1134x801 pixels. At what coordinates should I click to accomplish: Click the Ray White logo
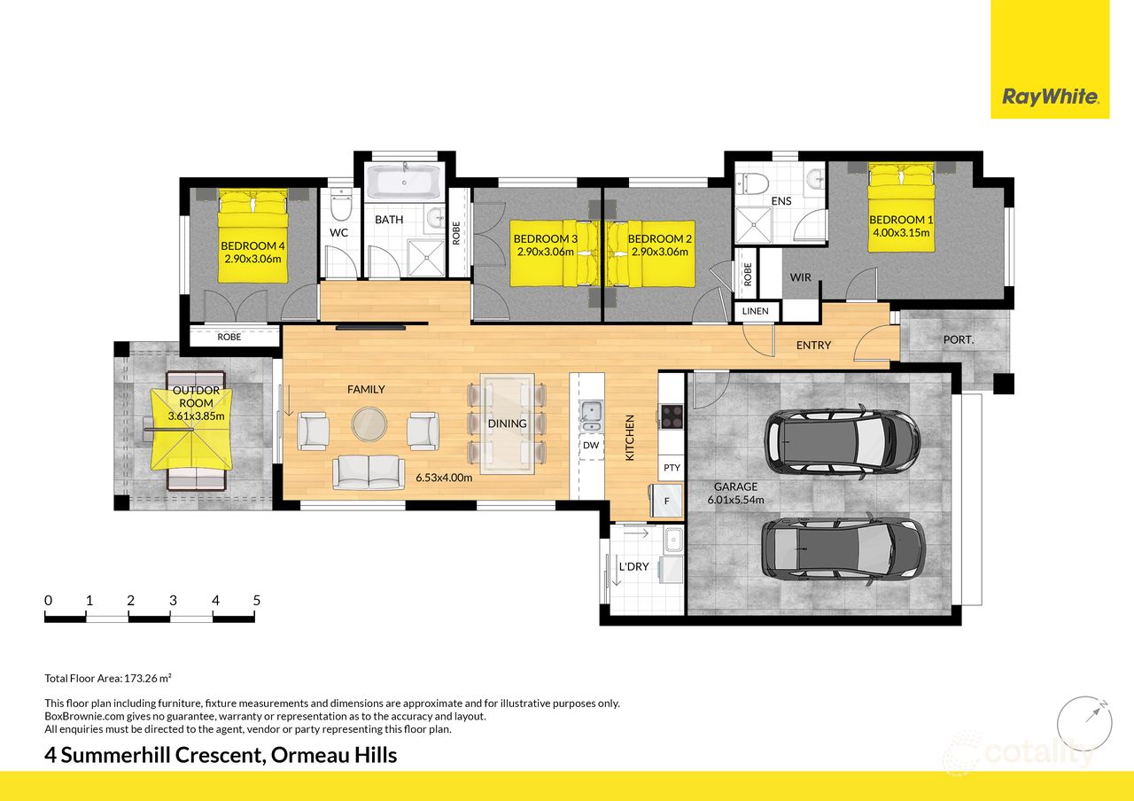[1050, 97]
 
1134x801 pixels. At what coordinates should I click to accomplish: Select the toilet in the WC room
[340, 206]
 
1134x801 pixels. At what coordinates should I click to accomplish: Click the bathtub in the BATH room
[404, 183]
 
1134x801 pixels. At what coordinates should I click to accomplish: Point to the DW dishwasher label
[591, 446]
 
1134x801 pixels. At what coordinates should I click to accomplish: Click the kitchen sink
[591, 412]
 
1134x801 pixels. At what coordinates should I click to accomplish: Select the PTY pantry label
[672, 467]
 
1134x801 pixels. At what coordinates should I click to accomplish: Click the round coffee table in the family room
[369, 424]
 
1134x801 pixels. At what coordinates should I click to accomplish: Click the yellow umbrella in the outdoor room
[191, 430]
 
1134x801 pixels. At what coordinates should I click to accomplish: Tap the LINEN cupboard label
[756, 312]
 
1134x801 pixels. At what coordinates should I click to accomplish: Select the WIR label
[800, 277]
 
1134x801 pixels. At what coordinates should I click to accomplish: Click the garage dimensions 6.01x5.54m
[735, 500]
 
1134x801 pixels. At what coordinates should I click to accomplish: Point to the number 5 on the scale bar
[257, 600]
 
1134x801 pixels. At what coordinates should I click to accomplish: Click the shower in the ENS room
[756, 219]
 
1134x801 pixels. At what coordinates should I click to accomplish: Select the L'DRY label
[633, 566]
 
